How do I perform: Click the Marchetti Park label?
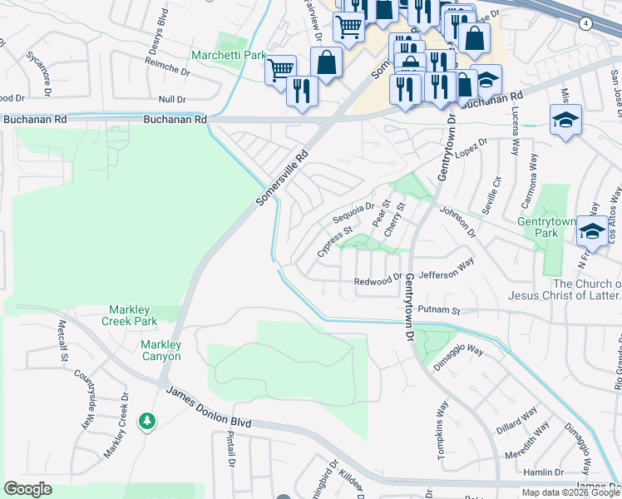point(229,56)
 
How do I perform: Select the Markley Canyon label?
point(160,350)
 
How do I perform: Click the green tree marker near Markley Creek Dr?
point(147,422)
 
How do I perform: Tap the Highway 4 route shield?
point(586,24)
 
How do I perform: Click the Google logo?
point(27,488)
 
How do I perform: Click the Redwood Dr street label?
point(378,282)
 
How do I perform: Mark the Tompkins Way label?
point(442,430)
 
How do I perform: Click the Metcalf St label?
point(62,342)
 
